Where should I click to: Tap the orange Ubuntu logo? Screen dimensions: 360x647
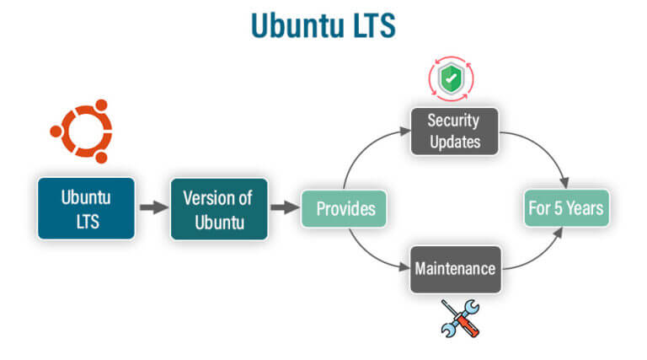(x=81, y=133)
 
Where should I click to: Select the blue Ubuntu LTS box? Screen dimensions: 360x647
(x=86, y=208)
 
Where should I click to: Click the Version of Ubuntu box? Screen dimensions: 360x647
(x=219, y=208)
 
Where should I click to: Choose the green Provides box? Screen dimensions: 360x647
(x=345, y=208)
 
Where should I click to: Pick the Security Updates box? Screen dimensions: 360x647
(x=454, y=131)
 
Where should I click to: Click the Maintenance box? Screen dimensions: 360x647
(x=454, y=270)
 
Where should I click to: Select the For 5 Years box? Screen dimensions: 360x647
(x=566, y=208)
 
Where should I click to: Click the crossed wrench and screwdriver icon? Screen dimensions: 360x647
(x=459, y=318)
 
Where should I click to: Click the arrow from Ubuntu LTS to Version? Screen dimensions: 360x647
(x=152, y=208)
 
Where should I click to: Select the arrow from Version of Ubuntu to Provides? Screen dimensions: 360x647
(x=285, y=208)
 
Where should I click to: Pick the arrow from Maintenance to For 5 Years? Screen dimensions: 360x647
(x=539, y=257)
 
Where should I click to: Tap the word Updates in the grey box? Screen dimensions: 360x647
(x=454, y=141)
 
